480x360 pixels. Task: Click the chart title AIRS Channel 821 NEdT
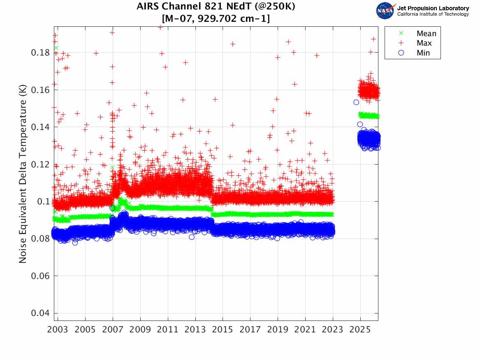pyautogui.click(x=216, y=7)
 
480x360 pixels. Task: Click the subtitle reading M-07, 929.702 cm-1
pyautogui.click(x=216, y=19)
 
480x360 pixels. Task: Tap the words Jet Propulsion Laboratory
pyautogui.click(x=433, y=8)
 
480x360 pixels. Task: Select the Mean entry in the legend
pyautogui.click(x=426, y=34)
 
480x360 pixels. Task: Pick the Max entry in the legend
pyautogui.click(x=424, y=43)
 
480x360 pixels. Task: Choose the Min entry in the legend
pyautogui.click(x=423, y=53)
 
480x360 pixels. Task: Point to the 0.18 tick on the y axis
pyautogui.click(x=40, y=53)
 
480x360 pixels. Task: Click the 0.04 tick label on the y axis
pyautogui.click(x=40, y=313)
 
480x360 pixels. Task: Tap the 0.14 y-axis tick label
pyautogui.click(x=40, y=127)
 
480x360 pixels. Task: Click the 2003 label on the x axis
pyautogui.click(x=58, y=330)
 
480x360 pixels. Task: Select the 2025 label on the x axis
pyautogui.click(x=360, y=330)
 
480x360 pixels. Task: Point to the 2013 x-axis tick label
pyautogui.click(x=195, y=330)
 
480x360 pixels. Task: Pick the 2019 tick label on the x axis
pyautogui.click(x=278, y=330)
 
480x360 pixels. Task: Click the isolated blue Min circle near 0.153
pyautogui.click(x=356, y=102)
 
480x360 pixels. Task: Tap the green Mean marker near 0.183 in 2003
pyautogui.click(x=56, y=48)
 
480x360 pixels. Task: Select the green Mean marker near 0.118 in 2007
pyautogui.click(x=112, y=167)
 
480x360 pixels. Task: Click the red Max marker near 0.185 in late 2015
pyautogui.click(x=232, y=44)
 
